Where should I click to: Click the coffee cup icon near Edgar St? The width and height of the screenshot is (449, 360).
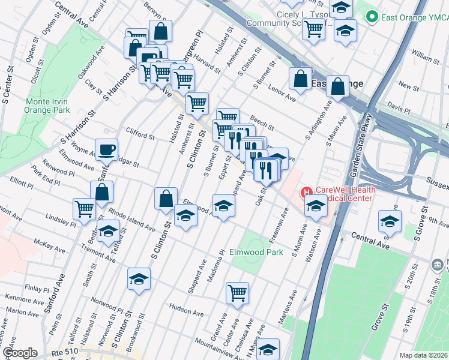(106, 149)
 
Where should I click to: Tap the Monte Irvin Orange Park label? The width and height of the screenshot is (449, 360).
(47, 106)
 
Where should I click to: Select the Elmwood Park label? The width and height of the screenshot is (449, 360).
(256, 253)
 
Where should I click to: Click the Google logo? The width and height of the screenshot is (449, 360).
(19, 353)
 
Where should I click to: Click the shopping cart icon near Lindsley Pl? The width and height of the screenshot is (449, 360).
(84, 209)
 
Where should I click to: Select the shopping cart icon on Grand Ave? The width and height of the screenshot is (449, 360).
(237, 293)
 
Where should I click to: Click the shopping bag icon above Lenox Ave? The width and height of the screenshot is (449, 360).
(300, 77)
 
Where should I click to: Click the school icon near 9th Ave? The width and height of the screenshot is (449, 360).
(390, 221)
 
